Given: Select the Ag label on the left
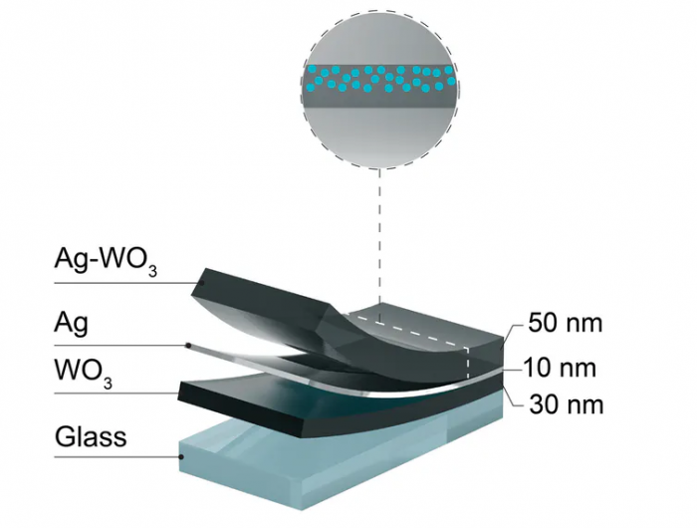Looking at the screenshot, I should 73,323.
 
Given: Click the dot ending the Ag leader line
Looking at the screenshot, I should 189,347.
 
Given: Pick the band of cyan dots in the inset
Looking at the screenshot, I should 379,77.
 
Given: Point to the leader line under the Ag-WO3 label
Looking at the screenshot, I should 119,282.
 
